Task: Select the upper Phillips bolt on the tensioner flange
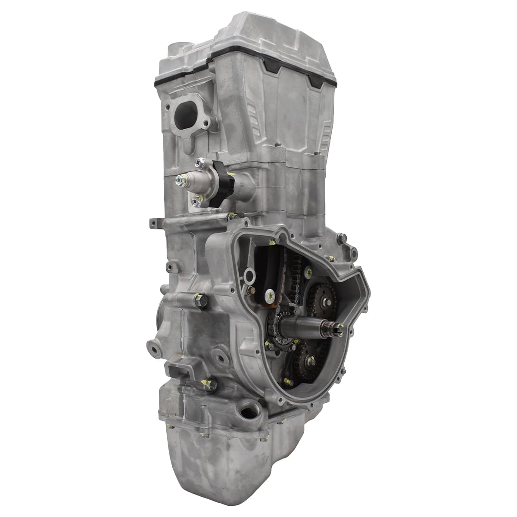click(x=199, y=162)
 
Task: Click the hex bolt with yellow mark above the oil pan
click(x=210, y=384)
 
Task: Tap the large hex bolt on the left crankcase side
click(x=199, y=301)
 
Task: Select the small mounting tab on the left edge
click(x=154, y=223)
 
